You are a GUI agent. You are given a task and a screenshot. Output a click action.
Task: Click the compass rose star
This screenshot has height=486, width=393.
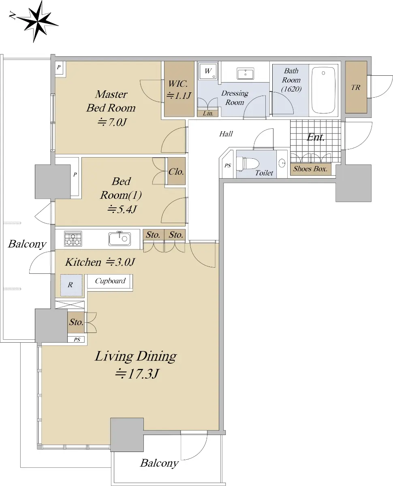coord(37,21)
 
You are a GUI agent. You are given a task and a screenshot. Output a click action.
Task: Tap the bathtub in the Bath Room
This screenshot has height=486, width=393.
coord(324,90)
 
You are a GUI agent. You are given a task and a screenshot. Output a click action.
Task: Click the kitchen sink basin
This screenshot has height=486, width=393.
coord(120,239)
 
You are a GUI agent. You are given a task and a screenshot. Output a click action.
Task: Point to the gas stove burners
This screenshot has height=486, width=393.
coord(73,239)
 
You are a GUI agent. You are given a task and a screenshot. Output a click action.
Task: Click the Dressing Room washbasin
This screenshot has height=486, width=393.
coord(246,73)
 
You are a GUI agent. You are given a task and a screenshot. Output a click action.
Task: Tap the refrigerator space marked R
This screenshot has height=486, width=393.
coord(71,285)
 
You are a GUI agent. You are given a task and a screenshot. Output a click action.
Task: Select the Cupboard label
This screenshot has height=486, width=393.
coord(110,281)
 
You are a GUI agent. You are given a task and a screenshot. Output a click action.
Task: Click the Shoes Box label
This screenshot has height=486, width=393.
coord(310,169)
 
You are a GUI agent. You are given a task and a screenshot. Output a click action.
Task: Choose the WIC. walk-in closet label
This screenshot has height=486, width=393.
coord(178,84)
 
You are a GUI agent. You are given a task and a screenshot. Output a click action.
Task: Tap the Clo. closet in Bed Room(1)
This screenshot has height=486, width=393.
coord(176,172)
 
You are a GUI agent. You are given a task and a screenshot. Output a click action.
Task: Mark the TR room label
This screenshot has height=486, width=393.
coord(356,87)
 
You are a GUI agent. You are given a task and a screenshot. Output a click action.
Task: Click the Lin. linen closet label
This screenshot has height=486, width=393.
coord(208,113)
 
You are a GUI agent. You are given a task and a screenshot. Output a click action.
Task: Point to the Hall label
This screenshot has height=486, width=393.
coord(226,134)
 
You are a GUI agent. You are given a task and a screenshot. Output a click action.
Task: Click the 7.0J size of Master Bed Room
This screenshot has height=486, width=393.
coord(112,122)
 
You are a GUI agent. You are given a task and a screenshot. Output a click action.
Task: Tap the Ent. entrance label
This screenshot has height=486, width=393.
coord(316,137)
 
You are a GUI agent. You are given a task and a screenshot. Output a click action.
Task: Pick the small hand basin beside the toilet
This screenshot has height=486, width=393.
coord(282,163)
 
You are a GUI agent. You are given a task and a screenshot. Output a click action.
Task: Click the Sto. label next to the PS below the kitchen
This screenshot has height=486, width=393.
coord(76,322)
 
